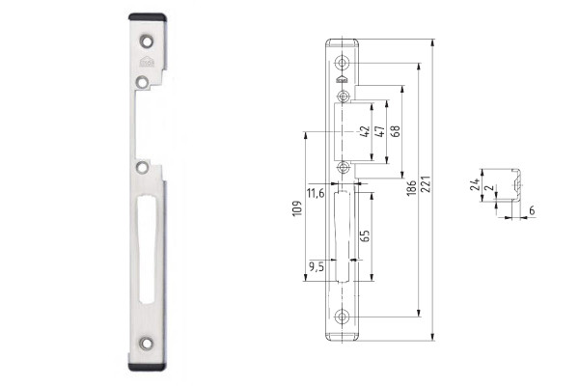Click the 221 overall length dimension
427,184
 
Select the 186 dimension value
411,188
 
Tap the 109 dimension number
297,208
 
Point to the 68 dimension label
395,131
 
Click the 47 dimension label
379,131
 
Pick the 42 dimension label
365,131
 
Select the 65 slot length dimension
365,235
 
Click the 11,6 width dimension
316,193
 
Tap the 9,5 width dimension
317,266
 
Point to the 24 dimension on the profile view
476,184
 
